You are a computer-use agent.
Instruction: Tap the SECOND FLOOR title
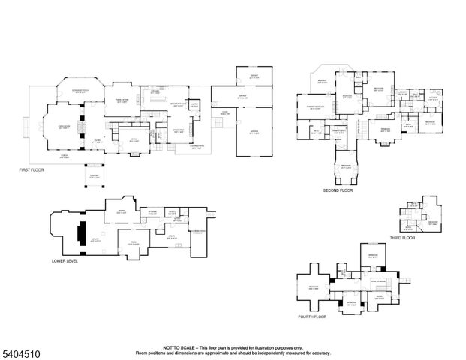point(337,191)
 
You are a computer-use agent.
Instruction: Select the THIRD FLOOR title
point(401,237)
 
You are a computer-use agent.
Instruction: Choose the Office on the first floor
point(134,139)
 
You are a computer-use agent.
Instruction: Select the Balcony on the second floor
point(323,80)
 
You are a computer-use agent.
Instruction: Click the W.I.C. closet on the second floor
point(317,132)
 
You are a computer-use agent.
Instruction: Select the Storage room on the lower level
point(152,213)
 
